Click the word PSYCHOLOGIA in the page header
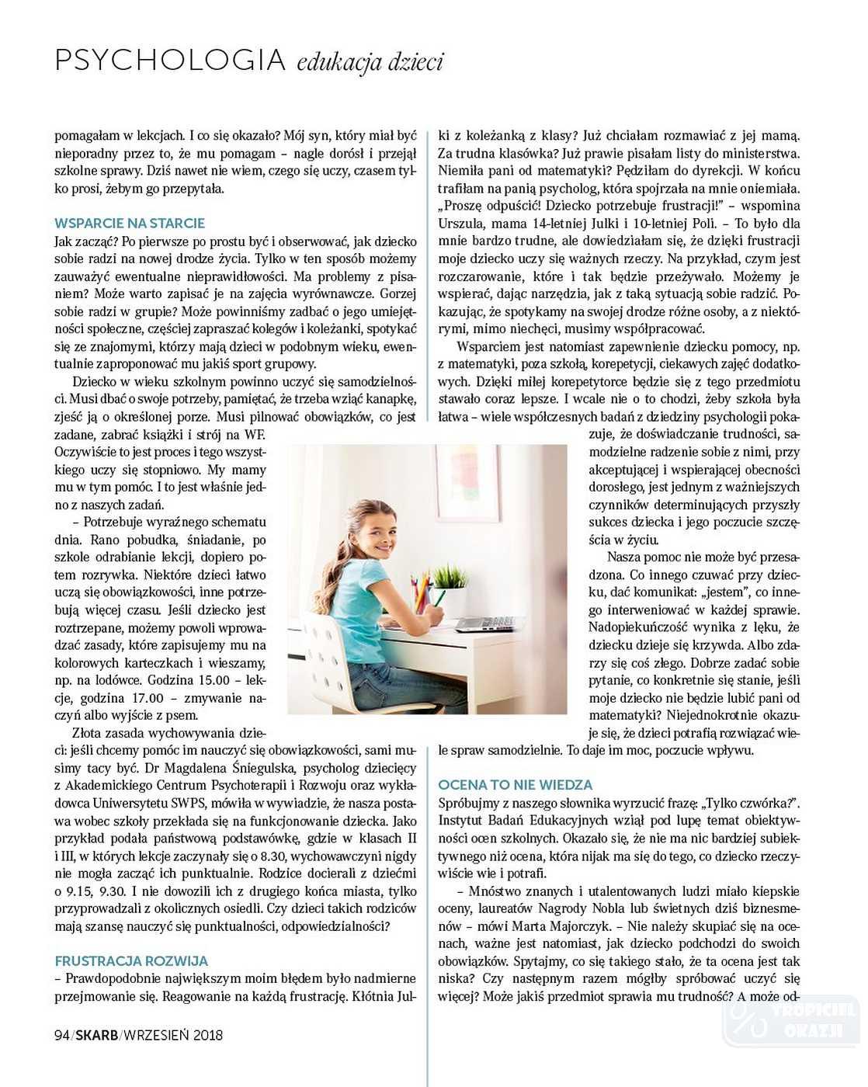170,61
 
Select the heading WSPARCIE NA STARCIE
130,224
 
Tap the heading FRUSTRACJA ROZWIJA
131,961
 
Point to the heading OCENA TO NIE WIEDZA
515,785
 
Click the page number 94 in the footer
62,1035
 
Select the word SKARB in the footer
97,1035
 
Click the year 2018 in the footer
208,1035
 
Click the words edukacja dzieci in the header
370,62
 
